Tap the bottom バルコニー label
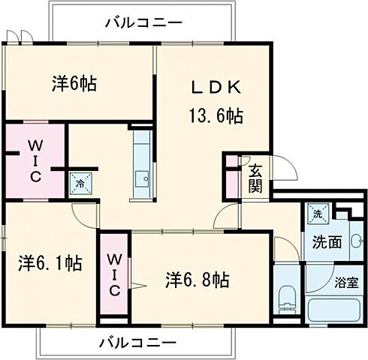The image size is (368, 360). coord(137,343)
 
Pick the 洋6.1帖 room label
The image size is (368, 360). coord(50,263)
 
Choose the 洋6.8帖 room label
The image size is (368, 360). coord(197,280)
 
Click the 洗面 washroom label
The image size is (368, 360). coord(328,243)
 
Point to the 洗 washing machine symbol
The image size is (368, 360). coord(315,212)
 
